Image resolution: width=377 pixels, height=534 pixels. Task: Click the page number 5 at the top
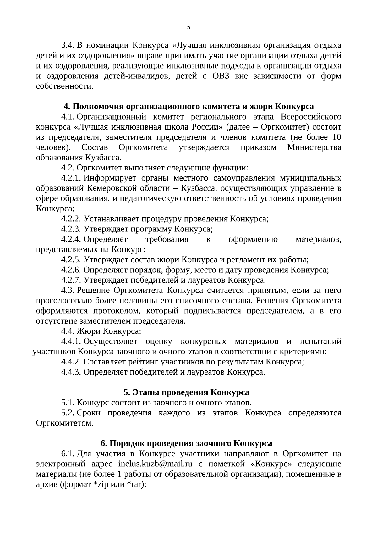(x=188, y=27)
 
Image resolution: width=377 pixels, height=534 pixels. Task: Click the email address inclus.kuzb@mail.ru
(x=155, y=464)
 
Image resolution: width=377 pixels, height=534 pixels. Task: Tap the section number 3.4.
(x=67, y=46)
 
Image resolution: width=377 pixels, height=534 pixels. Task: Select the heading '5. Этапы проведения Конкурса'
(x=186, y=392)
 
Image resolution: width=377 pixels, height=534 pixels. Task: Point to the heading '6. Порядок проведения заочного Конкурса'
(x=186, y=443)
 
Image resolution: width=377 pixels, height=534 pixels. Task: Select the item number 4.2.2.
(x=71, y=219)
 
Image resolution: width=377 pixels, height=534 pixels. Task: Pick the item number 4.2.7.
(x=71, y=280)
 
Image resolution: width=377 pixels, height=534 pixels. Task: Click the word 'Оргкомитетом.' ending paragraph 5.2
(x=65, y=423)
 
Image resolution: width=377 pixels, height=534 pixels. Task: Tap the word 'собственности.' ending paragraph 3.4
(x=65, y=86)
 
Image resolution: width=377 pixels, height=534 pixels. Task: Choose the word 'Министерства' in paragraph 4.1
(x=314, y=147)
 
